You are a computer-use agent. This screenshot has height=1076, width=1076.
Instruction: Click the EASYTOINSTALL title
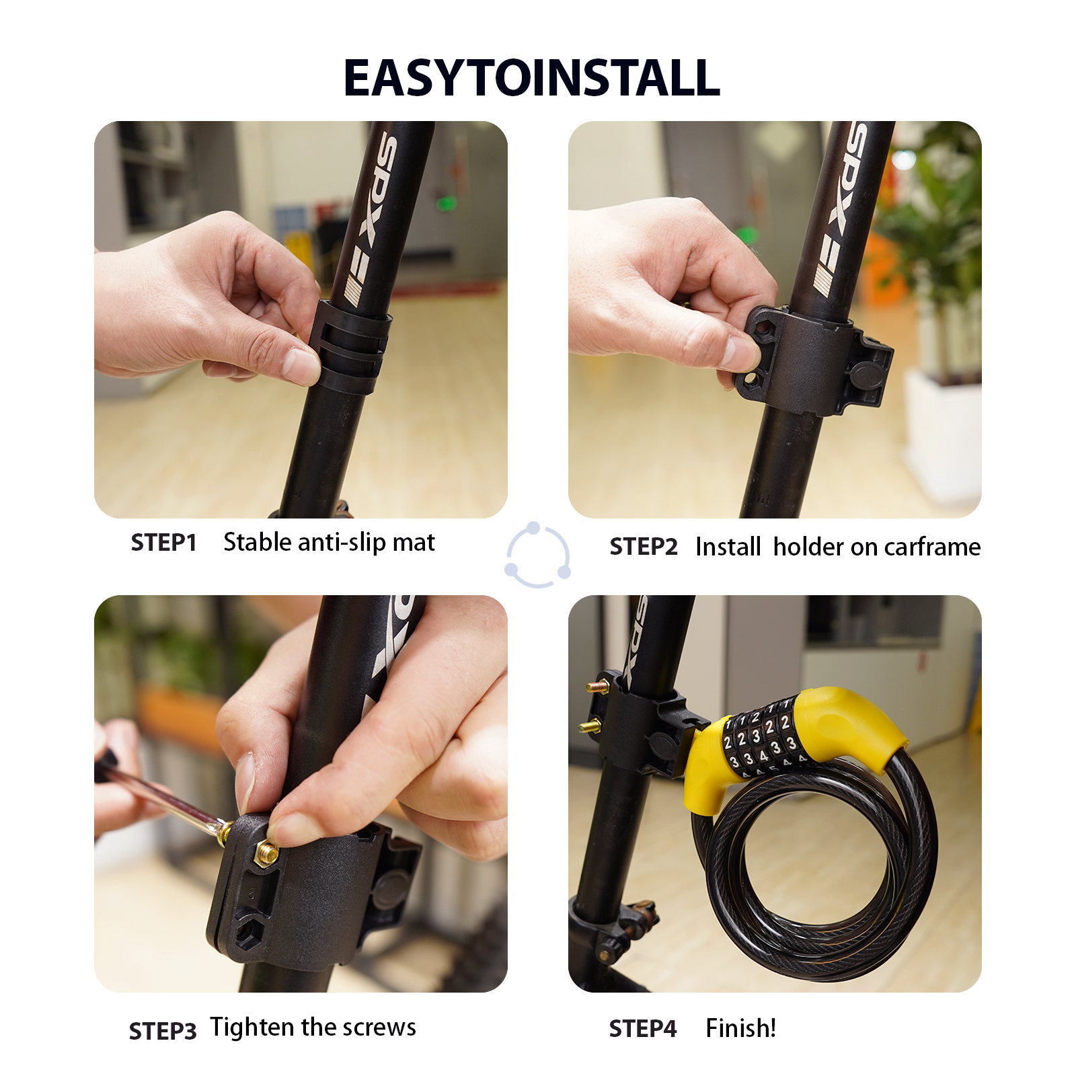pos(531,78)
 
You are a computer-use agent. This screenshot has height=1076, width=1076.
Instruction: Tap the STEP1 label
pos(163,543)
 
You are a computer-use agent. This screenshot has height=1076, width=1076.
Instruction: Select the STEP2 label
pos(643,547)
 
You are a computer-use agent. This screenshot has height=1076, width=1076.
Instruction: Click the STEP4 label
pos(642,1028)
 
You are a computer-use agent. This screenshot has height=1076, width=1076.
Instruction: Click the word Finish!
pos(740,1028)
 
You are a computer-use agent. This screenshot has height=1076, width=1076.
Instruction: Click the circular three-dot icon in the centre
pos(538,555)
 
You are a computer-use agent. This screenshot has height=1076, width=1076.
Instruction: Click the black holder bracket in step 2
pos(814,360)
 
